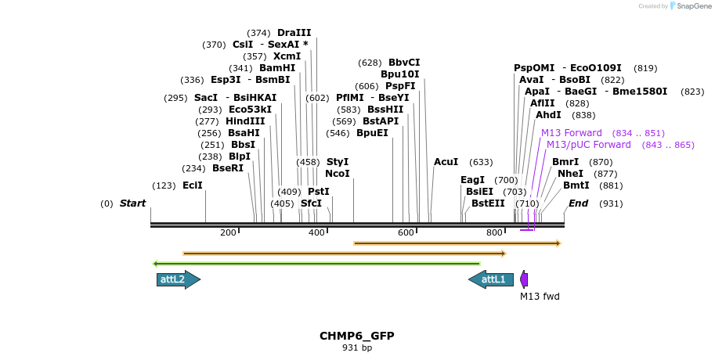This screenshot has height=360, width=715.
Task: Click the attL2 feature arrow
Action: [178, 279]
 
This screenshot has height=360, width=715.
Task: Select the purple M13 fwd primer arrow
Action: [524, 279]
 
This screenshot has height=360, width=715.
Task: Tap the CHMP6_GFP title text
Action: [356, 336]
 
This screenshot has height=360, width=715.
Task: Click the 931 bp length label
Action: [356, 347]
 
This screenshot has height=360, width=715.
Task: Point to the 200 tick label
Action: [228, 232]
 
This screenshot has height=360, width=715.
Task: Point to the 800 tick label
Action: [494, 232]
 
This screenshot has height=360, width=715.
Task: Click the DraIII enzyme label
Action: [294, 33]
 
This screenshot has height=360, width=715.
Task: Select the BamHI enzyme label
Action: [277, 68]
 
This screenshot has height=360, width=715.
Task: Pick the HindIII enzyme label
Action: [245, 121]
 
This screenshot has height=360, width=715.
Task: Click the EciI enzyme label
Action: [192, 185]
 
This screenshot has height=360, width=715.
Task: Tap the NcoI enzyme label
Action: [337, 174]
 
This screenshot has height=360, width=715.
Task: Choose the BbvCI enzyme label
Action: [404, 63]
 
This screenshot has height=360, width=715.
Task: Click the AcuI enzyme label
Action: [446, 162]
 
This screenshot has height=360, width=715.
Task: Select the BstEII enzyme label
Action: [488, 203]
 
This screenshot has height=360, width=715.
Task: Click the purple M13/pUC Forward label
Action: [588, 145]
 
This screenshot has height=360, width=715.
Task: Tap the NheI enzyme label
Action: [570, 174]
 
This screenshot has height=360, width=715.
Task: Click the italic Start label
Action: [132, 203]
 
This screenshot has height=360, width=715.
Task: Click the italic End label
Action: [578, 203]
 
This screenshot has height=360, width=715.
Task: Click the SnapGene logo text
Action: [690, 6]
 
